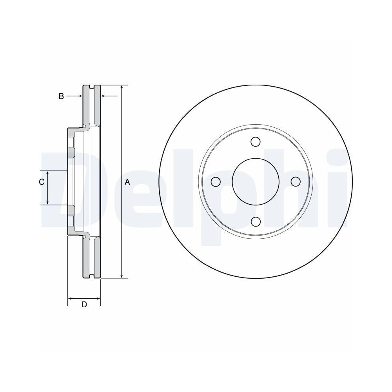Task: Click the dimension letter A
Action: coord(127,182)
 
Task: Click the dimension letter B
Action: coord(61,96)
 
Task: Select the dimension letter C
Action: coord(41,182)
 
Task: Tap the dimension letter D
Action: coord(84,305)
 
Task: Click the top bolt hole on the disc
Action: coord(256,142)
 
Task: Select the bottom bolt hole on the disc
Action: coord(256,222)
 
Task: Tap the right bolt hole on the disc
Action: coord(296,182)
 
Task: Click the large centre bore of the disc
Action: coord(256,182)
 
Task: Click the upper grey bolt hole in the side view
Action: coord(71,153)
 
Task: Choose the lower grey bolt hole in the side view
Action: coord(71,211)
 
